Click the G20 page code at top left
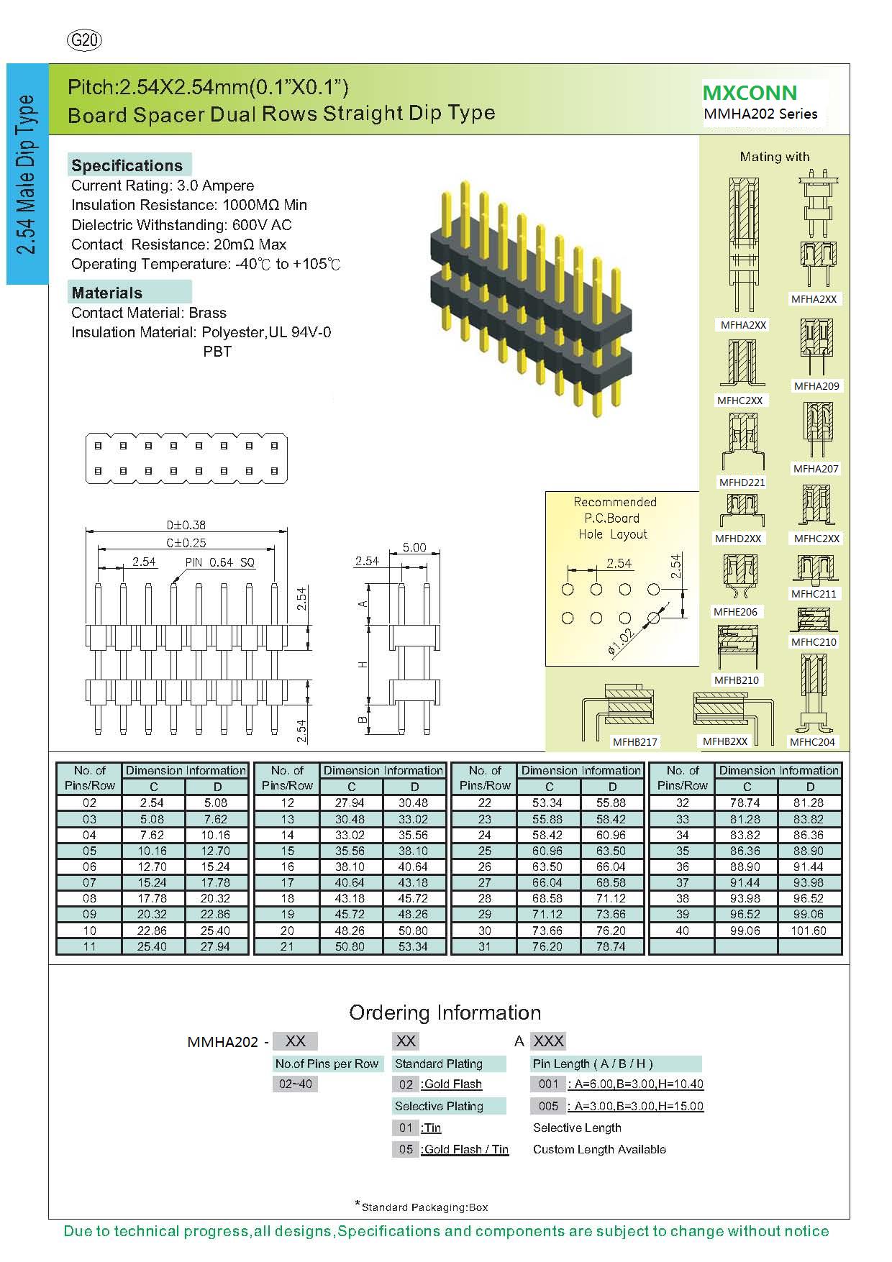pos(84,41)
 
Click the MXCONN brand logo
pos(750,93)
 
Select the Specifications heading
pos(127,165)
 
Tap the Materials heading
pos(107,293)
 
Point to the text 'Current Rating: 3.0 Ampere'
pos(163,186)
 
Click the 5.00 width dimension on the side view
pos(414,547)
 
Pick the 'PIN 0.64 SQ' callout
pos(220,562)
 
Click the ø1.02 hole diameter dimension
pos(620,641)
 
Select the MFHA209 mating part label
pos(816,386)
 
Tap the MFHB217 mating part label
pos(635,742)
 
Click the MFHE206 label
pos(735,612)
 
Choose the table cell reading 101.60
pos(810,931)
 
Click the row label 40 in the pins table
pos(682,931)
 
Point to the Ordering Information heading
pos(445,1012)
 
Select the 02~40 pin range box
pos(296,1084)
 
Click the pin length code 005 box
pos(548,1106)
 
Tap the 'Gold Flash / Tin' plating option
pos(466,1149)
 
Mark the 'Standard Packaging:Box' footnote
pos(424,1207)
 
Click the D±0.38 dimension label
pos(186,525)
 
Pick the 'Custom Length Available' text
pos(599,1149)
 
